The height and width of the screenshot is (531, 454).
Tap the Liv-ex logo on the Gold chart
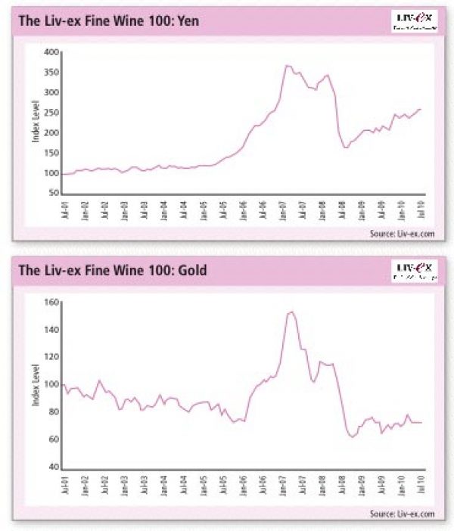413,270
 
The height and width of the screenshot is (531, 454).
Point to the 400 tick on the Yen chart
51,52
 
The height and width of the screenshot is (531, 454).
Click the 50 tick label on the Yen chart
54,194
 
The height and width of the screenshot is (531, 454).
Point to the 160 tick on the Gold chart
51,303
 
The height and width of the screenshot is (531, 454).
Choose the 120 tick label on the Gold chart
51,357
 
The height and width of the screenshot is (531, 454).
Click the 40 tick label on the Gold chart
54,467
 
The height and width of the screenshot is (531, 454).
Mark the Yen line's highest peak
287,66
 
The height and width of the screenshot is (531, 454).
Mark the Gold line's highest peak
291,312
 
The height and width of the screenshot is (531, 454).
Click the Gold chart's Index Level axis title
35,383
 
